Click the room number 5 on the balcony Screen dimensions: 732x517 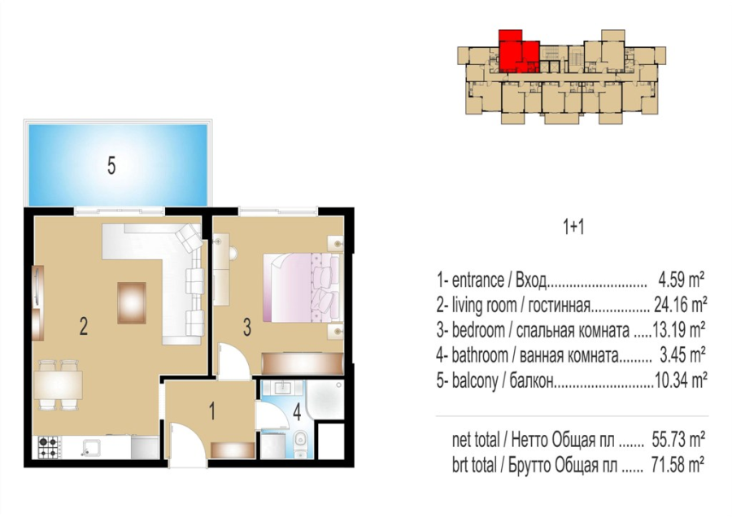coord(111,166)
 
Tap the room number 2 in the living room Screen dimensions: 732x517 coord(84,326)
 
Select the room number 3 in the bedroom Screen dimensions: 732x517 coord(247,327)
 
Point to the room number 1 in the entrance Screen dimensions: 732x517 coord(212,412)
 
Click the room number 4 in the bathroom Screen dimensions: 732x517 coord(297,412)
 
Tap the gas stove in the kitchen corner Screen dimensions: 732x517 coord(48,446)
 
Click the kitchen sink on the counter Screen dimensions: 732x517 coord(91,446)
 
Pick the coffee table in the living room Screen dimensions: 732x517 coord(132,303)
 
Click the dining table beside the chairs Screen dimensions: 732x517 coord(59,384)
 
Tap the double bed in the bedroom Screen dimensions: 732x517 coord(301,288)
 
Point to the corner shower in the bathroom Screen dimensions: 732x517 coord(325,400)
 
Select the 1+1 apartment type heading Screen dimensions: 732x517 coord(573,228)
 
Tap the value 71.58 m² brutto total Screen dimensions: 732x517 coord(678,465)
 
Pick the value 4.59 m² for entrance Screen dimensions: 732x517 coord(681,280)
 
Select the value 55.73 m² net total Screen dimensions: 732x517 coord(678,440)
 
